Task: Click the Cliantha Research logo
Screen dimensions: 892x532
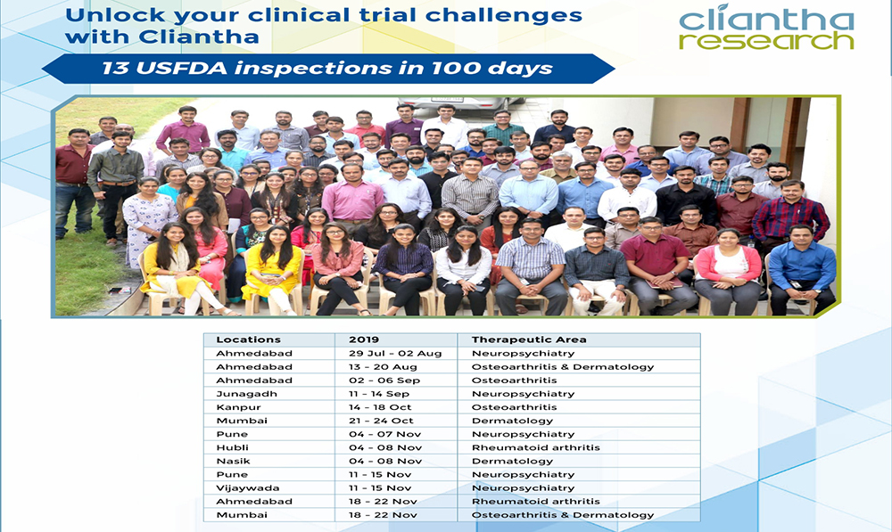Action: click(x=766, y=28)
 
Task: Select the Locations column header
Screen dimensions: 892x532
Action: click(x=248, y=340)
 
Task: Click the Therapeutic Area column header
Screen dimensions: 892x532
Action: click(x=528, y=340)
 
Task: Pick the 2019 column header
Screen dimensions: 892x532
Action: click(x=364, y=340)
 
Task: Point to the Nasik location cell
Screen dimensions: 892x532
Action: click(x=233, y=461)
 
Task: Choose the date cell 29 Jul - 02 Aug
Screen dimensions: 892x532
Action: click(x=395, y=354)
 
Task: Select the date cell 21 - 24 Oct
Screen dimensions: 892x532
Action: click(x=381, y=421)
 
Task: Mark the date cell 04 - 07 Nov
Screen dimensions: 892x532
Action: click(x=385, y=434)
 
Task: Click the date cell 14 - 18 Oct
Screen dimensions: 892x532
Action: click(x=380, y=407)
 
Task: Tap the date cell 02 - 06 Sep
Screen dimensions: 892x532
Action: click(x=384, y=381)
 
